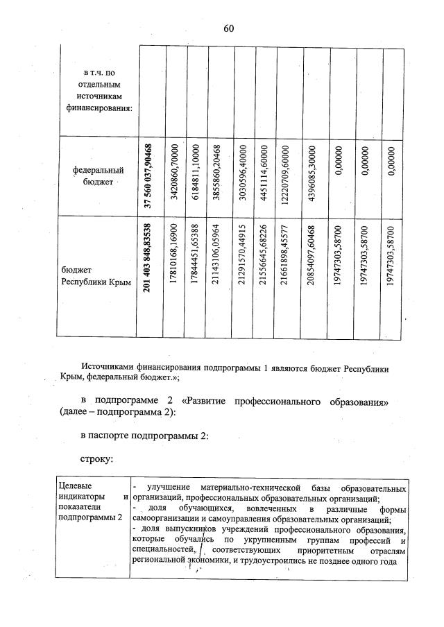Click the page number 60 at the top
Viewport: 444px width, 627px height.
click(x=229, y=28)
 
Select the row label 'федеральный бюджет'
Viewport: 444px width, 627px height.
click(x=99, y=175)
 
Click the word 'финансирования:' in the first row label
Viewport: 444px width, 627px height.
click(x=99, y=108)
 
